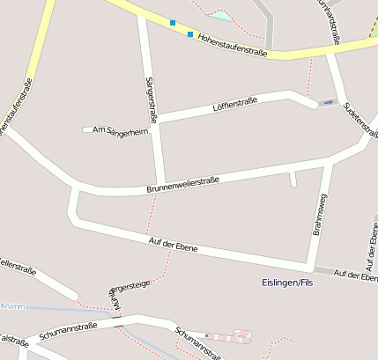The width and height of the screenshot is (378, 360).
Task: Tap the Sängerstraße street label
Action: click(x=151, y=99)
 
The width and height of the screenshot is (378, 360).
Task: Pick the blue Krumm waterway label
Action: click(x=11, y=305)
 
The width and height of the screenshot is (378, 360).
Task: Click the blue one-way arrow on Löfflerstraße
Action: click(x=329, y=103)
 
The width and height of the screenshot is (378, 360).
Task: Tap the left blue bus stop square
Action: click(x=173, y=23)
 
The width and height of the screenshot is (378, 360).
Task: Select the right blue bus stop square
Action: click(x=190, y=34)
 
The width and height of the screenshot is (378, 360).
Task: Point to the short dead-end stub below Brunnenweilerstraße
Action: click(x=293, y=180)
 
